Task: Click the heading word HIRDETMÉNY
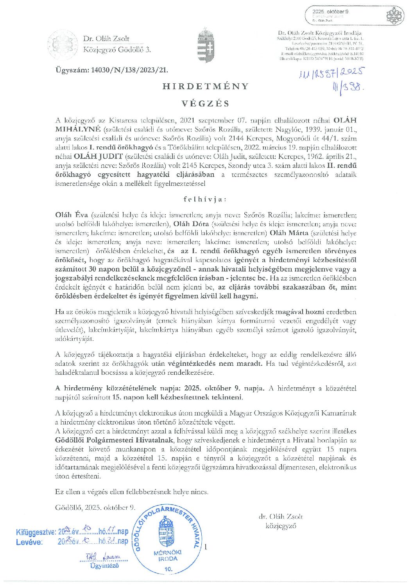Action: pos(206,86)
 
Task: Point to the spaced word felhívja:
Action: pos(205,199)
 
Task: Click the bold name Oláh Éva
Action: pos(72,215)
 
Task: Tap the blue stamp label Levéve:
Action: pos(29,542)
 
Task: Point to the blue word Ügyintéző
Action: pos(104,565)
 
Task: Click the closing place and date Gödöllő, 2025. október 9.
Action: pos(95,508)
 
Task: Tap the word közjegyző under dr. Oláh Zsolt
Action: pos(281,526)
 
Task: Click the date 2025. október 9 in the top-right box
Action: pos(330,12)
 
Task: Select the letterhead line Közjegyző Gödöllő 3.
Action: pos(117,50)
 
